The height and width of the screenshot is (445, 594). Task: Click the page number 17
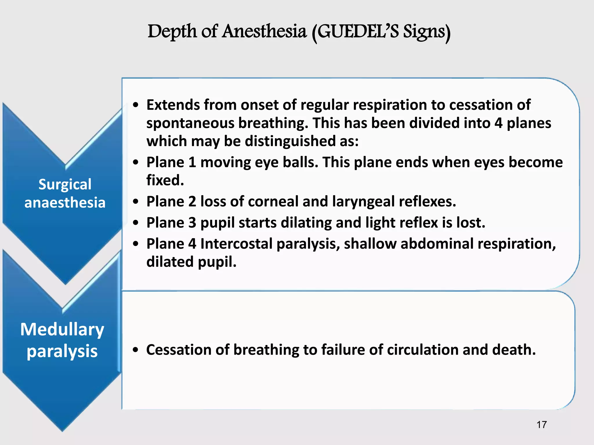coord(542,425)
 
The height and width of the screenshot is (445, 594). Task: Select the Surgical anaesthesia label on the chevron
coord(65,193)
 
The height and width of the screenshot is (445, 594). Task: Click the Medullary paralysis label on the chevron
coord(62,340)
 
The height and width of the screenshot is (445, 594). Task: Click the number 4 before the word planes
coord(498,123)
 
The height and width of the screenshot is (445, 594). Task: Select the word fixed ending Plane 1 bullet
coord(165,180)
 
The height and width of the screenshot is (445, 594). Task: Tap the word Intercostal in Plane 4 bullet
coord(236,244)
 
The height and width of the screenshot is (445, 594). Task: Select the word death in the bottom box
coord(514,350)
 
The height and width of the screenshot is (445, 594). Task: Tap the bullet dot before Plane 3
coord(136,223)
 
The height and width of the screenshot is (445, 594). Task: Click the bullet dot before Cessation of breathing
coord(135,350)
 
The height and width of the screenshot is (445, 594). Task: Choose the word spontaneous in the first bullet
coord(190,123)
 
